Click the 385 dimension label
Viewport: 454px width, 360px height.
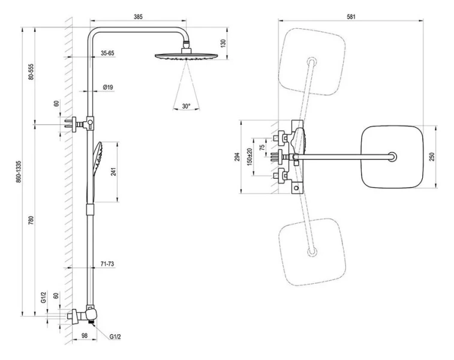click(x=138, y=17)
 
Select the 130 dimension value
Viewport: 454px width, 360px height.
click(x=223, y=44)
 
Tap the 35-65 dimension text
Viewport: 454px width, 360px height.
click(x=108, y=53)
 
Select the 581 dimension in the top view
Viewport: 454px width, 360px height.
click(x=351, y=17)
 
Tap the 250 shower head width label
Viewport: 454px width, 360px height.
click(x=432, y=157)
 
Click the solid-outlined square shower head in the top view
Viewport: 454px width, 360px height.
click(x=393, y=157)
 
